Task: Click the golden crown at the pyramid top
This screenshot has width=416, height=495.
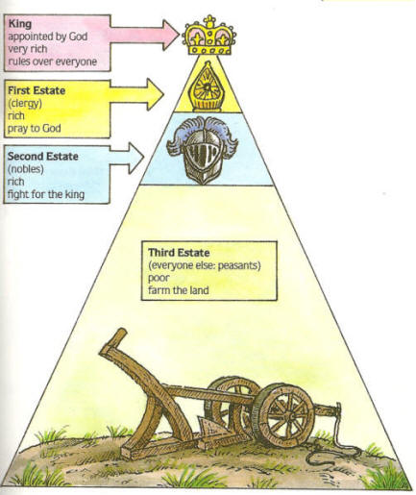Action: [x=208, y=36]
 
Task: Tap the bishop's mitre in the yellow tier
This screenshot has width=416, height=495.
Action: [x=208, y=87]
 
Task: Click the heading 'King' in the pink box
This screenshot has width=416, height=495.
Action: [x=20, y=23]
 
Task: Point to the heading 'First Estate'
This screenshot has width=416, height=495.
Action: [x=37, y=90]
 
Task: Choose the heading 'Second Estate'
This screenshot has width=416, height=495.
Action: [x=43, y=157]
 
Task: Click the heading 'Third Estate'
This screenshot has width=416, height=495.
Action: [x=179, y=253]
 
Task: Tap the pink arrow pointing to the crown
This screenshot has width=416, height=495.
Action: [x=144, y=36]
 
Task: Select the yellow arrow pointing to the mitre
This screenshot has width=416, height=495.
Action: [x=137, y=94]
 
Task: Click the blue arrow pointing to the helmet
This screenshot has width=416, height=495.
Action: [x=127, y=158]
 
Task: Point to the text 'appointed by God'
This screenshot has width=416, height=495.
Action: [x=48, y=37]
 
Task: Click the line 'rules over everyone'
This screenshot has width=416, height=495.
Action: [x=53, y=62]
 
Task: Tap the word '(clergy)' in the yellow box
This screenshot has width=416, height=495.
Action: [x=25, y=104]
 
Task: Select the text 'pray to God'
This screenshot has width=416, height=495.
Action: [x=35, y=129]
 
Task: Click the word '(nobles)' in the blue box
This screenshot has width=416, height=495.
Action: [x=26, y=169]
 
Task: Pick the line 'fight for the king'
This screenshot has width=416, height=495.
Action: [x=46, y=194]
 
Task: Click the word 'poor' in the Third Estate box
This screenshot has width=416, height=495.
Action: [x=159, y=278]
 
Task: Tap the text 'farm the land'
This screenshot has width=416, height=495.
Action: [x=179, y=290]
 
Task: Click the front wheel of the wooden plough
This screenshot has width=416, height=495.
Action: [x=282, y=415]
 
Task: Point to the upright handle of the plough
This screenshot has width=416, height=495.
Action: [x=113, y=341]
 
